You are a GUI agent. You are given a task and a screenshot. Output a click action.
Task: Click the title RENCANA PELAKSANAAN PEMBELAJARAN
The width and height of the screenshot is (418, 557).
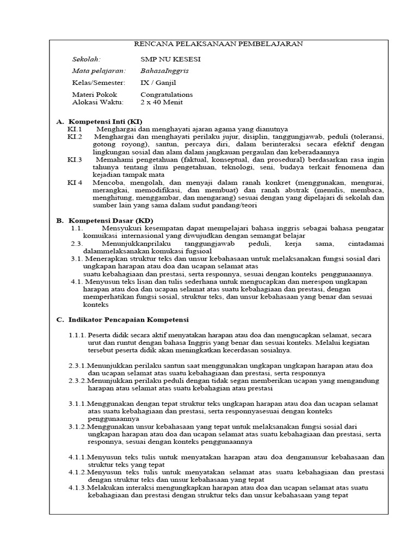coord(219,44)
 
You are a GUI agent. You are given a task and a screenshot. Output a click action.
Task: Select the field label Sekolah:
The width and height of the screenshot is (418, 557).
coord(87,59)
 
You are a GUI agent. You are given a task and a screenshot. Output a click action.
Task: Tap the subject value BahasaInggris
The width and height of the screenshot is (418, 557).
coord(158,71)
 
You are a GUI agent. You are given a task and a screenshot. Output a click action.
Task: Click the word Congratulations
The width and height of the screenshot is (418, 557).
coord(167,95)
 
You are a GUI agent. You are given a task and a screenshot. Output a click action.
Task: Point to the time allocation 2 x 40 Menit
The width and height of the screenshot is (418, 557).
coord(162,102)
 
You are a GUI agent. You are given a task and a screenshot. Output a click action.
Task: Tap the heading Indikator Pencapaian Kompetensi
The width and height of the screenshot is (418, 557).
coord(127,320)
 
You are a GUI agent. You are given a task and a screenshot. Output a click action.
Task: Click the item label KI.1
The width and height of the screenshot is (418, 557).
coord(75,129)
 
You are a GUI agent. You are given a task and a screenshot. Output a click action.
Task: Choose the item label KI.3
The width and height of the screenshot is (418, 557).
coord(75,160)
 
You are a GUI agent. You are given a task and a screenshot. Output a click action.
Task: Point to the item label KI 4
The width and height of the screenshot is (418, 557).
coord(75,183)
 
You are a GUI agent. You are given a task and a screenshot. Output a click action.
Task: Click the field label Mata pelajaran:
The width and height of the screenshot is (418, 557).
coord(99,71)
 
